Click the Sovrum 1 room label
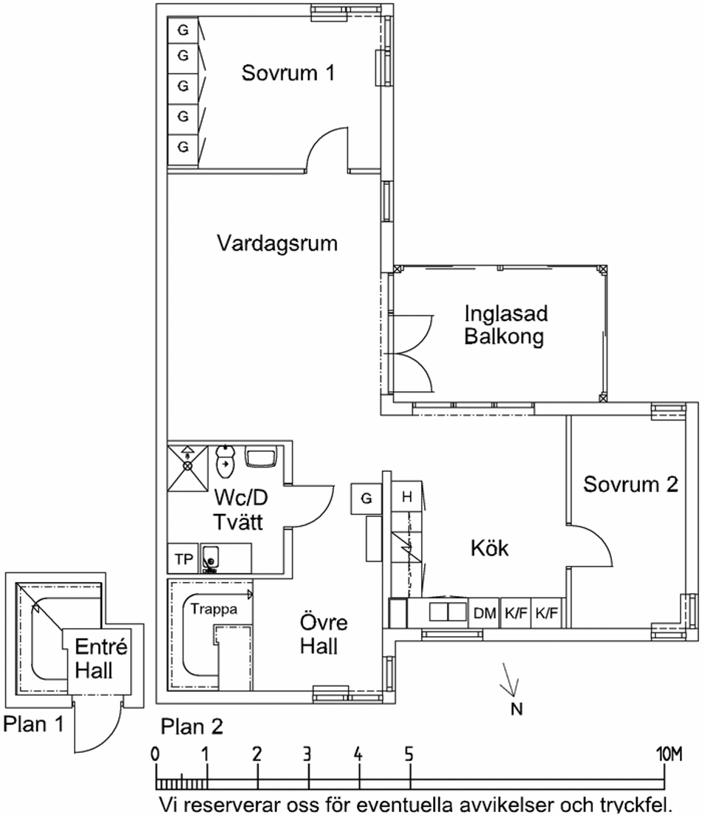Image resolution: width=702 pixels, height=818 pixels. (x=287, y=72)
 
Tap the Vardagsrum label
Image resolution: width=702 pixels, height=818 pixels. (x=276, y=243)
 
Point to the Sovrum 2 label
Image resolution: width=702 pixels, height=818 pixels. (x=630, y=484)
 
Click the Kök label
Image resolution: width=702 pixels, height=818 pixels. (x=489, y=548)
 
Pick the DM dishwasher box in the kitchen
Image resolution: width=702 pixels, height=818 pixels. (x=484, y=612)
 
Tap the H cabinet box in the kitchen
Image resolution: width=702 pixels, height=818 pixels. (x=406, y=497)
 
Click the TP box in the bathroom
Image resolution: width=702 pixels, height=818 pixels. (x=183, y=559)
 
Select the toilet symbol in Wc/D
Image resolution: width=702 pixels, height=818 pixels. (x=225, y=462)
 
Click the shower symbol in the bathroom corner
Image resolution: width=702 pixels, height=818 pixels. (x=187, y=468)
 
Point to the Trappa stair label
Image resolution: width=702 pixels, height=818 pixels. (x=214, y=609)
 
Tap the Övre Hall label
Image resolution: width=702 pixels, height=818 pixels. (x=323, y=635)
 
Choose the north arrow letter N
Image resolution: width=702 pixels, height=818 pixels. (x=516, y=709)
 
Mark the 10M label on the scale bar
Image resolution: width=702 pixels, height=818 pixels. (x=669, y=754)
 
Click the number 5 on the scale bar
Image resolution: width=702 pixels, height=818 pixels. (x=409, y=754)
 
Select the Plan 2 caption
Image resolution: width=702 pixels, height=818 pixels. (x=192, y=727)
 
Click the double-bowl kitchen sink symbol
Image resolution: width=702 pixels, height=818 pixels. (x=448, y=612)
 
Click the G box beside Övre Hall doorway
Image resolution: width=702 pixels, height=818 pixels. (x=367, y=499)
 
